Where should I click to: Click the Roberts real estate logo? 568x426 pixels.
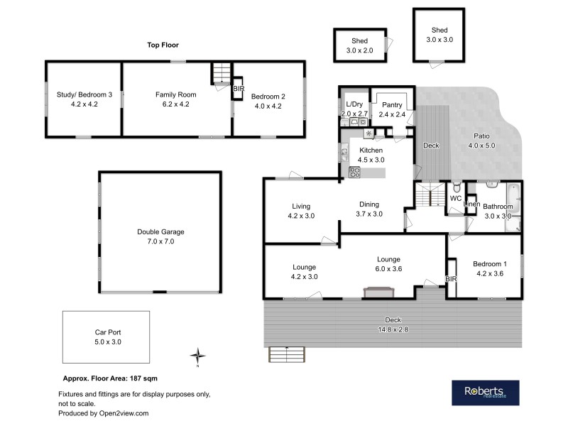485,393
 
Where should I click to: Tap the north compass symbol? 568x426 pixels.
200,356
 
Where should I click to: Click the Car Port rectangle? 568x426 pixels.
106,337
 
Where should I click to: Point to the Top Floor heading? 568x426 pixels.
163,45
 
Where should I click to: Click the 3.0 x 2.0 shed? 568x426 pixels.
359,46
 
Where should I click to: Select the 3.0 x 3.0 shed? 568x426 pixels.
439,35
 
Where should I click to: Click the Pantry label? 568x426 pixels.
391,104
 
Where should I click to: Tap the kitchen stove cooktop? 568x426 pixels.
355,172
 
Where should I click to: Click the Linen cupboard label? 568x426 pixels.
471,204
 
